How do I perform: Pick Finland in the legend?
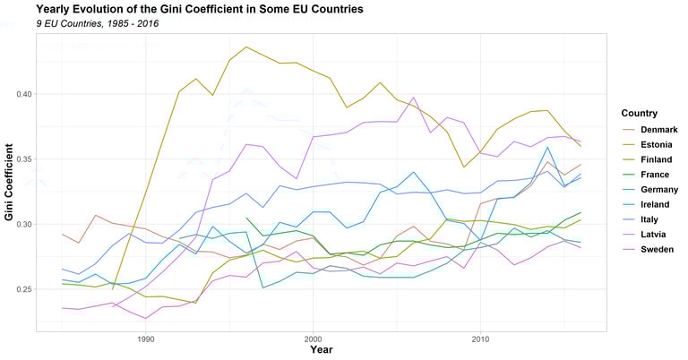653,160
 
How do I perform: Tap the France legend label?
652,175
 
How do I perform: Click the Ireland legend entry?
653,204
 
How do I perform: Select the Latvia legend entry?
650,234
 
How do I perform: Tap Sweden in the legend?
654,249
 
